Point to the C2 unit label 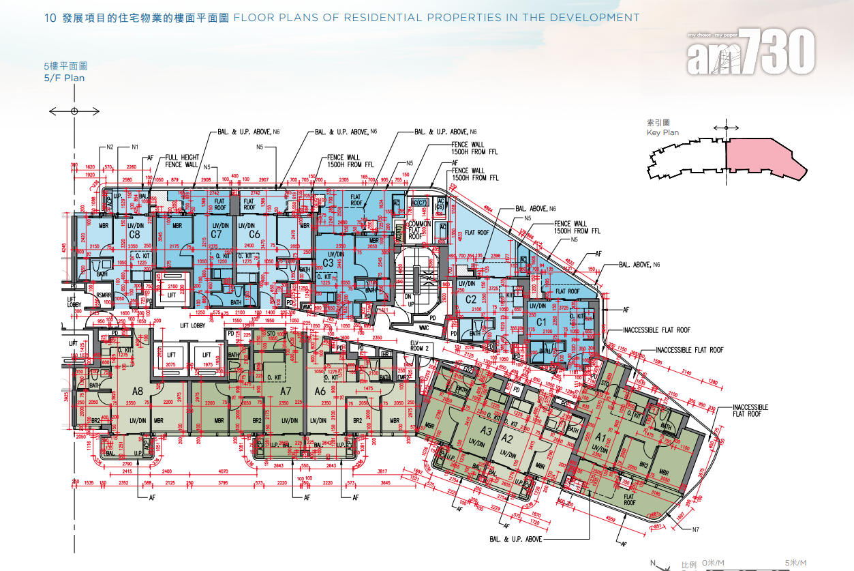point(470,299)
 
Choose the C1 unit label point(542,321)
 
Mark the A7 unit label point(286,391)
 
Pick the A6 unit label point(320,391)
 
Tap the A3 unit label point(486,431)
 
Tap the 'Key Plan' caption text point(662,132)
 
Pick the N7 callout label point(695,529)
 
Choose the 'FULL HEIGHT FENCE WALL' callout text point(182,161)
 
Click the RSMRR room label point(104,295)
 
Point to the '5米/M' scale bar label point(795,563)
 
